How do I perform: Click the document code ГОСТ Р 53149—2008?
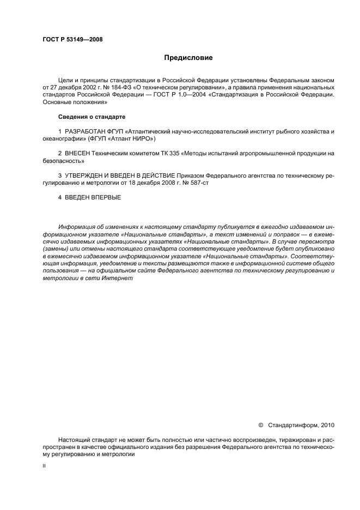coord(72,39)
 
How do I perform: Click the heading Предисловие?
coord(188,57)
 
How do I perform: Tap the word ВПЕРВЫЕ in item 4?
coord(107,198)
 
